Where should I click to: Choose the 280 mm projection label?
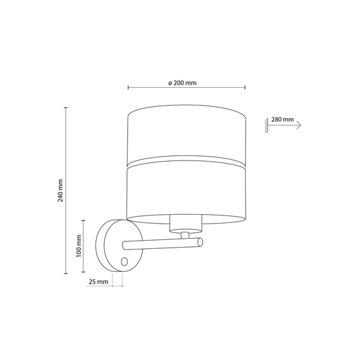click(x=282, y=119)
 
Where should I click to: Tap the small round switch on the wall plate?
click(x=124, y=261)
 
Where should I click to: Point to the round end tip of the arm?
click(x=200, y=243)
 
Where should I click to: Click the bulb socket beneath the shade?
click(x=185, y=222)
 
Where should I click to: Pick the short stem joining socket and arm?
click(x=185, y=235)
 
